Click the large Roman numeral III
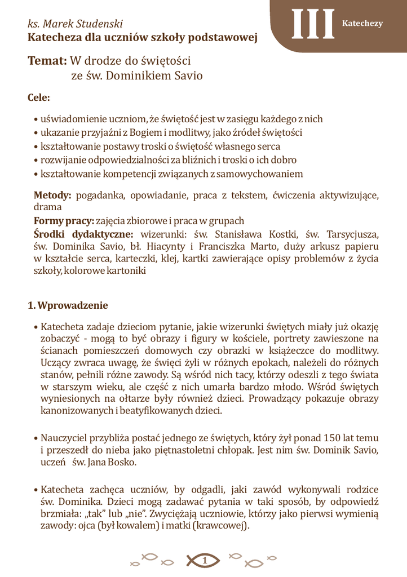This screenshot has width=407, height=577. pyautogui.click(x=313, y=25)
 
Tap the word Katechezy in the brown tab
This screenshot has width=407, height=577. pyautogui.click(x=362, y=23)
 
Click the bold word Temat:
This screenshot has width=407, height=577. pyautogui.click(x=47, y=60)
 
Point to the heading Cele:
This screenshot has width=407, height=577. pyautogui.click(x=39, y=98)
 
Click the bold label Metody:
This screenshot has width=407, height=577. pyautogui.click(x=52, y=196)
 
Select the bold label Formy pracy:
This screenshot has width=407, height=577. pyautogui.click(x=64, y=220)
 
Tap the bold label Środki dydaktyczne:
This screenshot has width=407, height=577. pyautogui.click(x=83, y=234)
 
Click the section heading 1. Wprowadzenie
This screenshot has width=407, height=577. pyautogui.click(x=68, y=305)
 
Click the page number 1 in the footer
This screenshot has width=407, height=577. pyautogui.click(x=204, y=560)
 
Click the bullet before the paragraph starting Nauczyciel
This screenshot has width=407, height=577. pyautogui.click(x=36, y=438)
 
